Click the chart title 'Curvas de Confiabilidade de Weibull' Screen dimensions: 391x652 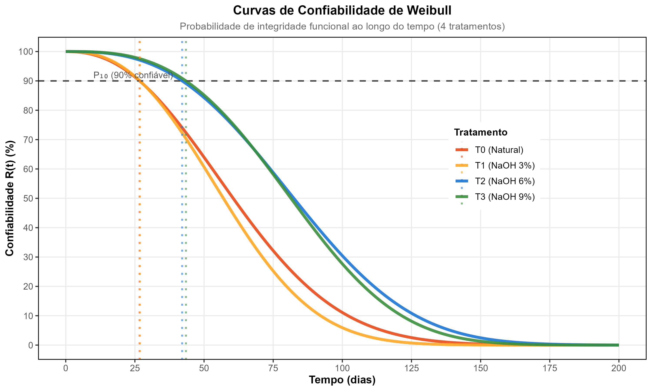pos(342,11)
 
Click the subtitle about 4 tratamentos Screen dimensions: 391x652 pos(342,27)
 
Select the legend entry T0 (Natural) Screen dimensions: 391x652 pos(499,150)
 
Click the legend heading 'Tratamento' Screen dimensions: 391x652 pos(481,132)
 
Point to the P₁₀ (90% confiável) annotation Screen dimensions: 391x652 pos(133,75)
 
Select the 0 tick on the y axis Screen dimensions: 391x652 pos(31,345)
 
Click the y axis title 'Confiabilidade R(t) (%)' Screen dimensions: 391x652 pos(10,198)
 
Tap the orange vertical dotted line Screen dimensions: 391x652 pos(139,237)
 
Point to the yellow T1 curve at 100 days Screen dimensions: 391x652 pos(342,328)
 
